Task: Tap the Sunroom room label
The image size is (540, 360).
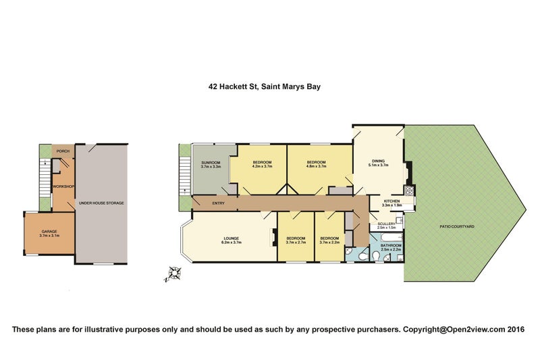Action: [x=211, y=162]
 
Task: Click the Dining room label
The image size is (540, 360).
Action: [x=377, y=161]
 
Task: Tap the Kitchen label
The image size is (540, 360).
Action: [x=392, y=201]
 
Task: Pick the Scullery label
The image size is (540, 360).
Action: [x=386, y=224]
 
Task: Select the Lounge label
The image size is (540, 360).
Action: [x=232, y=237]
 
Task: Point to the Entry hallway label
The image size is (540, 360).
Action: [x=218, y=203]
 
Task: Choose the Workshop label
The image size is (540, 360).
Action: [x=63, y=186]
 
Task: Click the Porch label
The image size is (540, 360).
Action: [x=63, y=151]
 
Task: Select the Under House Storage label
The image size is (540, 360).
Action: [x=101, y=203]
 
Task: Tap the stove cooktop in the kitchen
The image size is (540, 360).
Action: [x=408, y=190]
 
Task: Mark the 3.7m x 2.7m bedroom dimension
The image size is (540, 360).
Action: [x=295, y=242]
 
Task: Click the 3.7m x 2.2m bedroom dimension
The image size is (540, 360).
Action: [x=329, y=242]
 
